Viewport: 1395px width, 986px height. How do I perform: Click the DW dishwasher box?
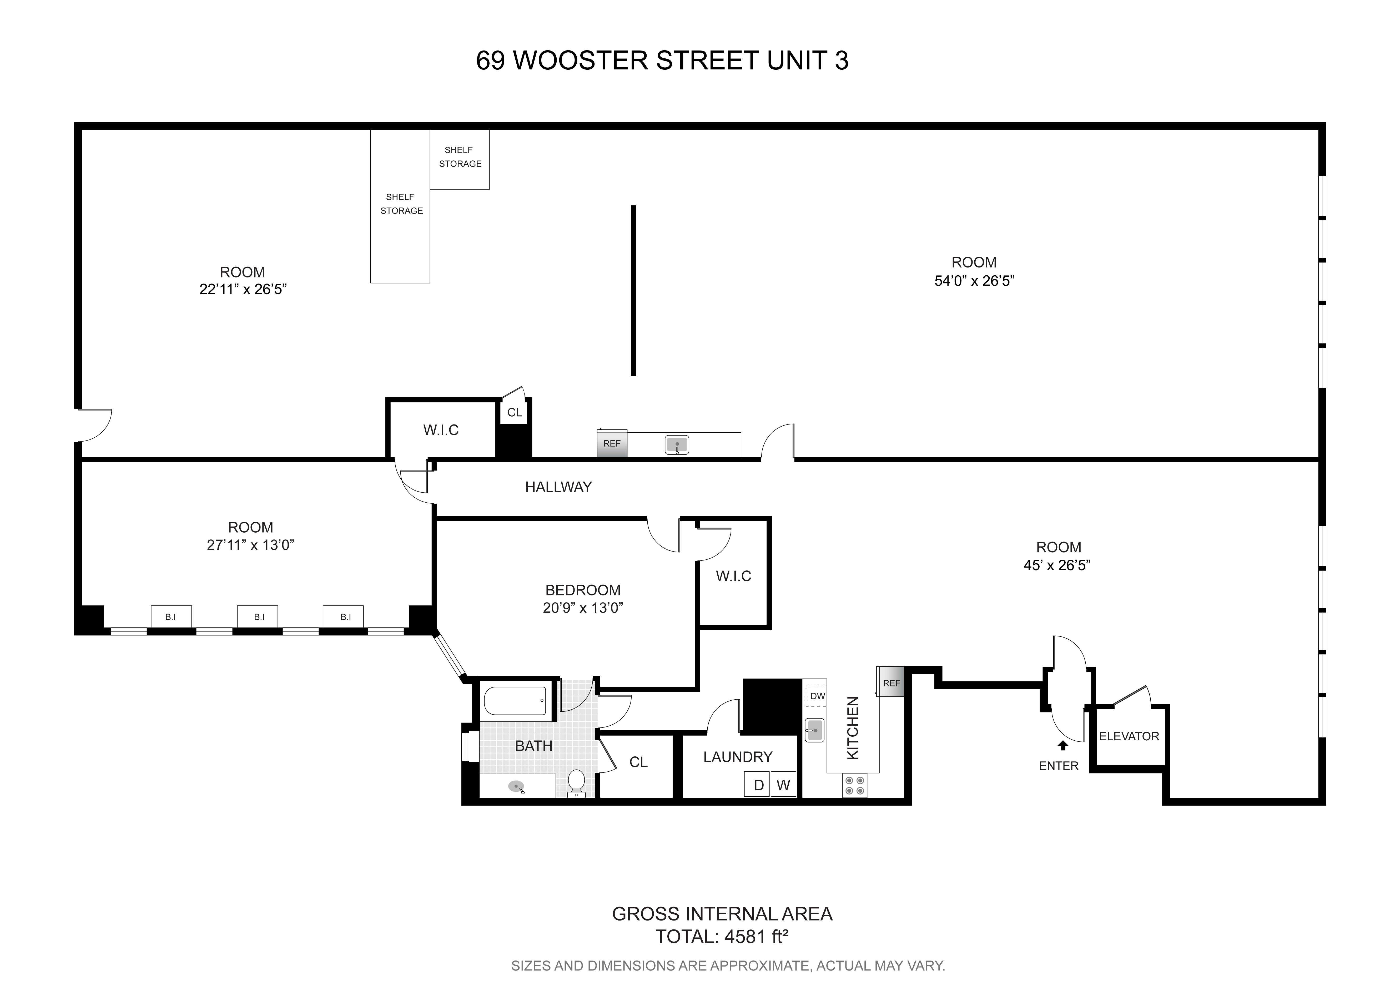817,696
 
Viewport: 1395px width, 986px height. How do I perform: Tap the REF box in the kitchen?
891,683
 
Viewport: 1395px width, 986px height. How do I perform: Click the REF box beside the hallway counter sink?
612,443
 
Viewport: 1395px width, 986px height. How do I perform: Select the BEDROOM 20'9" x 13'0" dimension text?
583,608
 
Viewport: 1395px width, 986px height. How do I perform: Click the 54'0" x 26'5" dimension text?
974,281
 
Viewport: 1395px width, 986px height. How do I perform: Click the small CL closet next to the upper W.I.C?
515,412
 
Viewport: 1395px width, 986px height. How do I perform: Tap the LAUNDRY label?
738,757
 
